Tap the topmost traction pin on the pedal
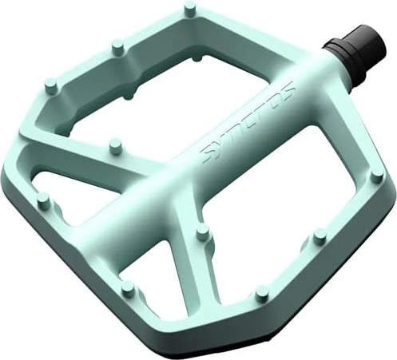pyautogui.click(x=189, y=7)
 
